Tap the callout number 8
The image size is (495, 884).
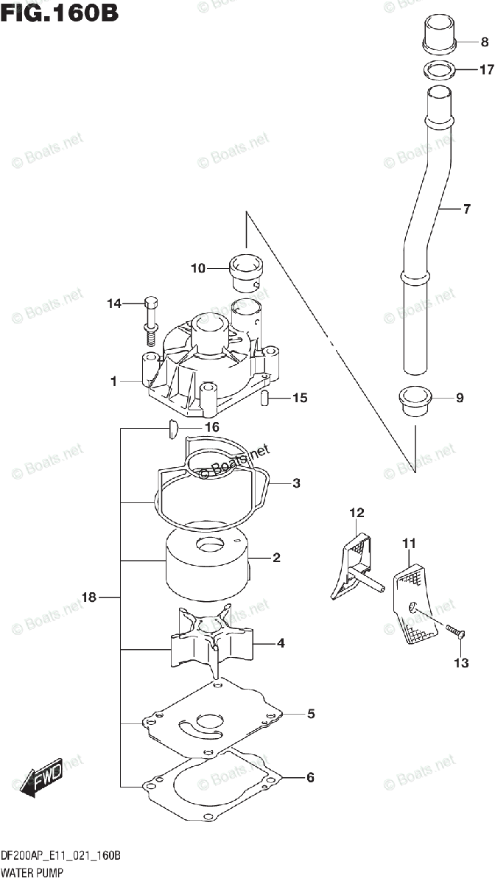pyautogui.click(x=485, y=42)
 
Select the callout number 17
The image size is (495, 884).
pyautogui.click(x=485, y=71)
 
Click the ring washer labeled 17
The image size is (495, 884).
pyautogui.click(x=440, y=71)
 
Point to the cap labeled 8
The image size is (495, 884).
pyautogui.click(x=440, y=37)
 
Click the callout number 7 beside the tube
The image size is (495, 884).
pyautogui.click(x=466, y=210)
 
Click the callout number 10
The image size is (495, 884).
pyautogui.click(x=197, y=269)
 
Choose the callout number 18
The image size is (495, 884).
pyautogui.click(x=89, y=598)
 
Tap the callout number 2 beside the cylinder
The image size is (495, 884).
pyautogui.click(x=276, y=559)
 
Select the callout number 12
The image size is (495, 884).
pyautogui.click(x=357, y=512)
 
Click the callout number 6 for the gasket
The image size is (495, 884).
pyautogui.click(x=311, y=777)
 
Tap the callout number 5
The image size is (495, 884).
pyautogui.click(x=311, y=713)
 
